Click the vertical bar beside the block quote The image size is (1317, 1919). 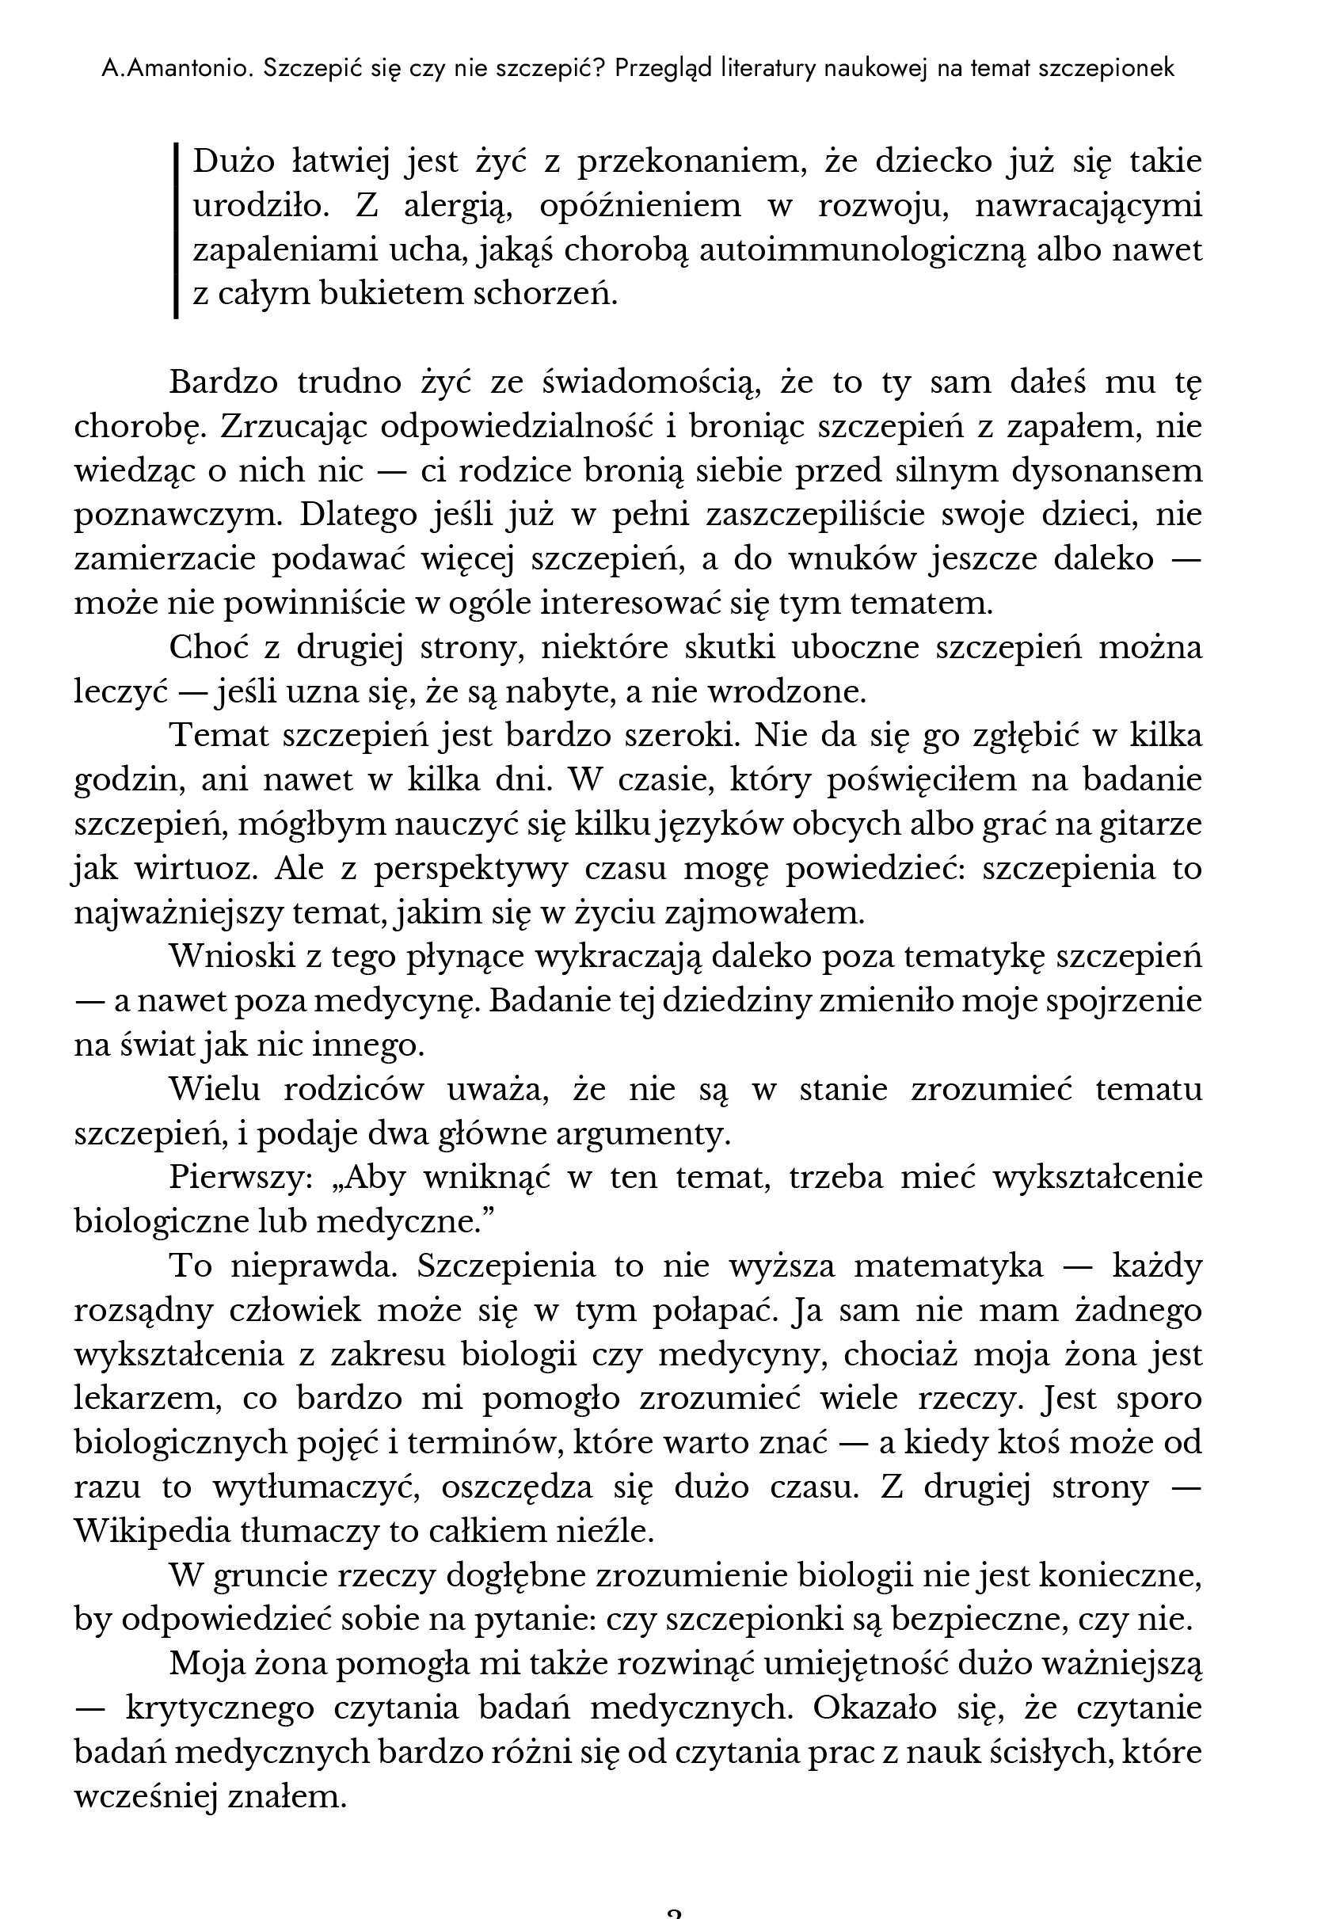click(176, 230)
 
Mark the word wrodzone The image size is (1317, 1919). click(798, 691)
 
